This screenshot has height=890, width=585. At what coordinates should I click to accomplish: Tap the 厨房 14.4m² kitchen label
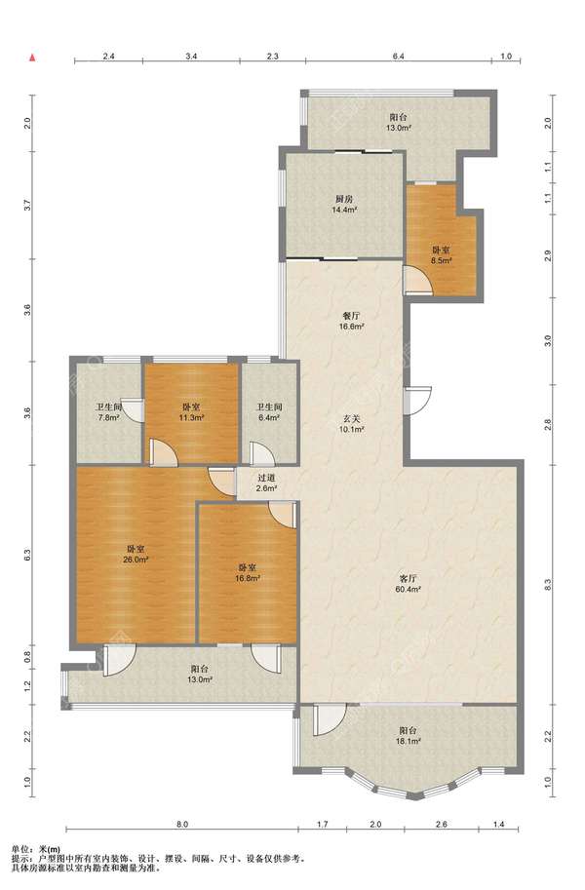point(345,205)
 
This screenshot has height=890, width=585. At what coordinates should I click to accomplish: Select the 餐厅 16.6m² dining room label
point(352,322)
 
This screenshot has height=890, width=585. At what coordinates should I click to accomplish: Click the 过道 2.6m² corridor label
point(266,484)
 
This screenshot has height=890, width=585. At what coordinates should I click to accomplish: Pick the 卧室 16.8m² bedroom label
point(247,573)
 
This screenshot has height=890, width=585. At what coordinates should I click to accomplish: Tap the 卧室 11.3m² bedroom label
point(191,412)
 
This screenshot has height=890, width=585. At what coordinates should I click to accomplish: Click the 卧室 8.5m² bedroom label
point(442,255)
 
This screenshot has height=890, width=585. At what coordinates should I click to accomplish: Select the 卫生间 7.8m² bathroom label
point(108,412)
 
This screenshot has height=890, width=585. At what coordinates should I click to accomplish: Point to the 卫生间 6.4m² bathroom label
point(269,412)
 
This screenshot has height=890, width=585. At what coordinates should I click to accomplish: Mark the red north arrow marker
point(33,58)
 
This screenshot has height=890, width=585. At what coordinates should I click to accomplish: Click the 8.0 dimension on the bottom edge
point(181,824)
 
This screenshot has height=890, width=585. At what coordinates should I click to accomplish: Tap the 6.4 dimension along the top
point(398,57)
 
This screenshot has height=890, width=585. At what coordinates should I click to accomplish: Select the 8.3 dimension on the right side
point(548,585)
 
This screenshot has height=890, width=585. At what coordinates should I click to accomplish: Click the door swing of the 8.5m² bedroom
point(419,281)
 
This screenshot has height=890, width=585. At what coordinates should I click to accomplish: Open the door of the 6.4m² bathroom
point(262,453)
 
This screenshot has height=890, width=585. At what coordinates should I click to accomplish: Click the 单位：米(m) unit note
point(36,849)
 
